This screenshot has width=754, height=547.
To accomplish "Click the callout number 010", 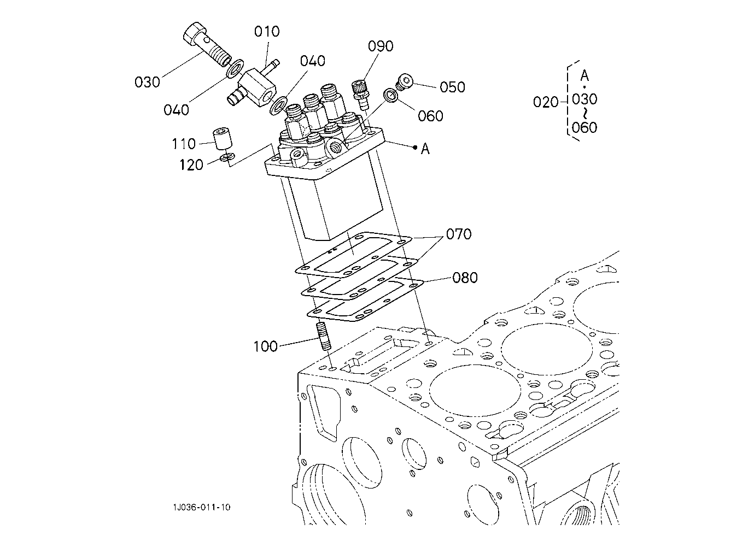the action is click(x=267, y=31).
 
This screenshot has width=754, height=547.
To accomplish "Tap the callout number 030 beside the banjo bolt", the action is click(x=147, y=82).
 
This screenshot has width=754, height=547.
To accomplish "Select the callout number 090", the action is click(x=381, y=46).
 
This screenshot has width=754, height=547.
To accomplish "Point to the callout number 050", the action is click(x=452, y=87).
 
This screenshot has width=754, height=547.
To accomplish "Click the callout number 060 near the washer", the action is click(x=430, y=116).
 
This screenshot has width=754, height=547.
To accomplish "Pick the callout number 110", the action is click(x=184, y=144).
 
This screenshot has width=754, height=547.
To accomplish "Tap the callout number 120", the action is click(x=191, y=165).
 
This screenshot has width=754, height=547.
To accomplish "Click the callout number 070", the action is click(x=458, y=234).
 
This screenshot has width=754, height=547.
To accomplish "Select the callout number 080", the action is click(x=465, y=278).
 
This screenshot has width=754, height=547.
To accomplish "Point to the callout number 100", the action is click(x=265, y=346).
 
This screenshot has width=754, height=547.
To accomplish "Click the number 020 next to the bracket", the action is click(x=546, y=102).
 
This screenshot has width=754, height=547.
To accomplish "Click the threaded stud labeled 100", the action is click(x=324, y=336).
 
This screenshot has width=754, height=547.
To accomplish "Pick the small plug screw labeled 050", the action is click(x=404, y=82).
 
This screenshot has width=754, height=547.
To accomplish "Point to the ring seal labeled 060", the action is click(x=391, y=96).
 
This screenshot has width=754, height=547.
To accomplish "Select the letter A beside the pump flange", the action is click(x=425, y=149).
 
